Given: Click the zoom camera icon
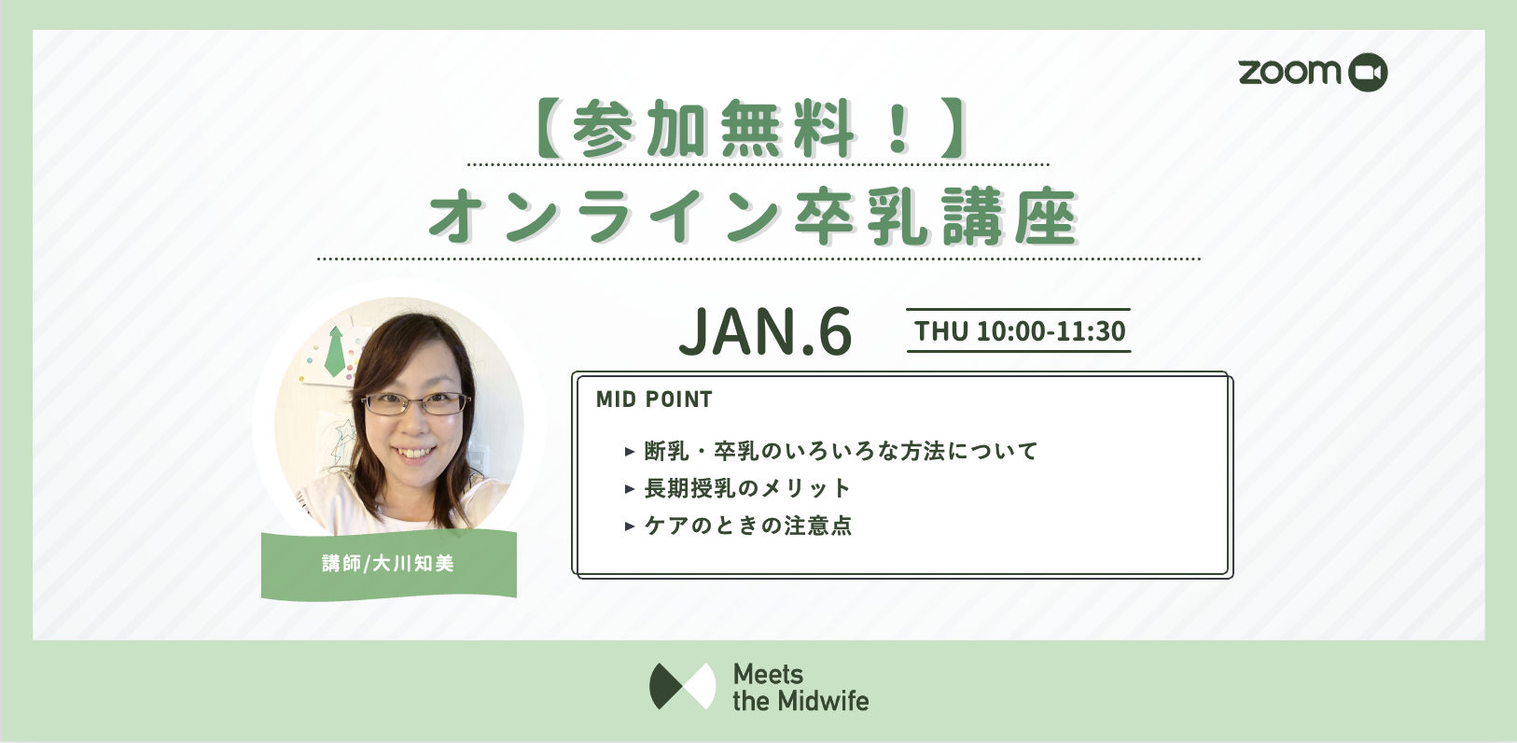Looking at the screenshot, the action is click(x=1368, y=72).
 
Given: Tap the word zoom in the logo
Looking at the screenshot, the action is click(x=1289, y=72).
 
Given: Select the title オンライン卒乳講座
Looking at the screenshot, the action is click(x=753, y=216).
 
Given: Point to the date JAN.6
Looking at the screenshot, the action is click(x=766, y=331).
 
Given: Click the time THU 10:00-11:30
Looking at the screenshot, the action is click(x=1020, y=331).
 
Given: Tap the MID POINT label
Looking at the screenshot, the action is click(x=654, y=400).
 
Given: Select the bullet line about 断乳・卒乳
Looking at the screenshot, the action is click(x=841, y=451).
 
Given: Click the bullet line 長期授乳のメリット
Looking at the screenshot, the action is click(x=747, y=487).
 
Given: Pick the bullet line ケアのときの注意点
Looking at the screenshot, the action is click(x=747, y=525).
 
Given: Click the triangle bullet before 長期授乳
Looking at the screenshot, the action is click(x=630, y=488).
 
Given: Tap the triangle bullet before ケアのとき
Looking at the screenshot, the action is click(x=630, y=526).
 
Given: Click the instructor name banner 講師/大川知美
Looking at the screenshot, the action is click(x=389, y=564).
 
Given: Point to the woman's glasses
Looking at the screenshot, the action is click(x=416, y=404).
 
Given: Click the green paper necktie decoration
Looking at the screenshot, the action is click(x=335, y=351).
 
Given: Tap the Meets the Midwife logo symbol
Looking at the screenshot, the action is click(x=683, y=686).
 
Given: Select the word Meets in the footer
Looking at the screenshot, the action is click(x=768, y=674).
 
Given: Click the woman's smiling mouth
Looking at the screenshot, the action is click(x=413, y=452).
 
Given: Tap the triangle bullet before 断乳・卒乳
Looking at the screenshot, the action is click(x=630, y=451).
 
